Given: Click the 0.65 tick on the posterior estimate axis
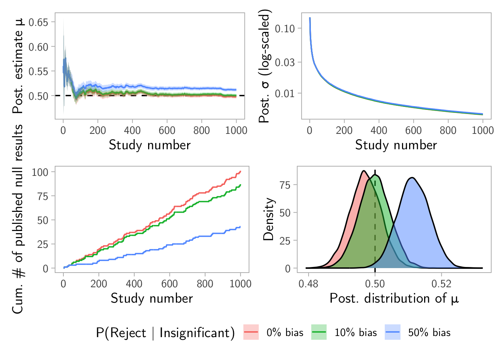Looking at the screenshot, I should [x=38, y=22].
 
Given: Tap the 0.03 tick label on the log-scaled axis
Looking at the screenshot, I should [x=285, y=62].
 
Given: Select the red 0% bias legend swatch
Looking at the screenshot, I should [x=251, y=332].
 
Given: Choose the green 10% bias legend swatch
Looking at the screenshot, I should [x=319, y=332].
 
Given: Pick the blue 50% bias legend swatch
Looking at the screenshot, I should [x=392, y=332].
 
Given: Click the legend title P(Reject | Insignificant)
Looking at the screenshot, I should [x=165, y=333].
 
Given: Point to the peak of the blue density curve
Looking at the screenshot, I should [x=412, y=178].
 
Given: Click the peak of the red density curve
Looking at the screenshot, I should [x=363, y=171].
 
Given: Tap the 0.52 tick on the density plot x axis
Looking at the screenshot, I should [x=441, y=284].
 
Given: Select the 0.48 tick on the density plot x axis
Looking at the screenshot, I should [x=308, y=284].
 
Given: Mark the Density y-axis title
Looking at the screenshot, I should [x=268, y=219].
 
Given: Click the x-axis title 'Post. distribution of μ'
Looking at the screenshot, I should [x=394, y=298].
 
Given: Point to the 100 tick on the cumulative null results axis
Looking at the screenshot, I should [x=40, y=172].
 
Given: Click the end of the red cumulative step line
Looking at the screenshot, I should [x=240, y=171].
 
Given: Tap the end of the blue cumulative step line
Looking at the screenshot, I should [x=240, y=226].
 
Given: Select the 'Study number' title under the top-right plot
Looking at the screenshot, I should [x=396, y=145].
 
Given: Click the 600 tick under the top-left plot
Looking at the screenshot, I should [x=167, y=130].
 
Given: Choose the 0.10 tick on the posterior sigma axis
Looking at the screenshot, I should [x=285, y=28].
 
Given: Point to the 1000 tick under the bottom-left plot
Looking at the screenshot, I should [x=240, y=284].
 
